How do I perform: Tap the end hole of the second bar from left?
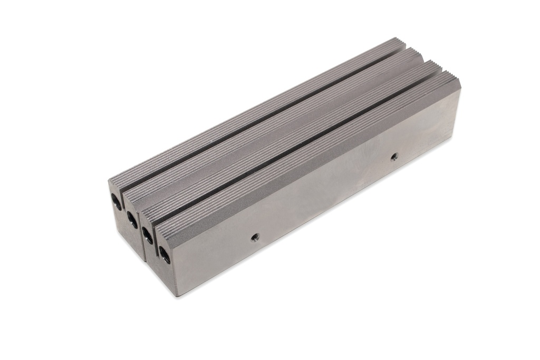tap(131, 218)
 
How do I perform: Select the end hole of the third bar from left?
tap(148, 236)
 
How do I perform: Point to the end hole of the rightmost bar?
tap(165, 256)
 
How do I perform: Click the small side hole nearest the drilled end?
tap(254, 236)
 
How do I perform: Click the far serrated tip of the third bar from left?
tap(435, 65)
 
